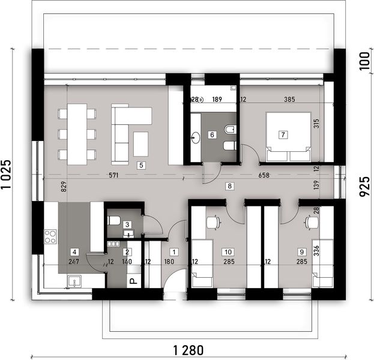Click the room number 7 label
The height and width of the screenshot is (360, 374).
[x=283, y=134]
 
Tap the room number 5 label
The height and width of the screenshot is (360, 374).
[x=141, y=165]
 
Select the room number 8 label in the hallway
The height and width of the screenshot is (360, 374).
[x=229, y=186]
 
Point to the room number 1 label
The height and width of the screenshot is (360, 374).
[x=174, y=253]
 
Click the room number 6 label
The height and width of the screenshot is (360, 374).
[x=211, y=135]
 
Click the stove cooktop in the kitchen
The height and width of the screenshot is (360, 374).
[x=50, y=236]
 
